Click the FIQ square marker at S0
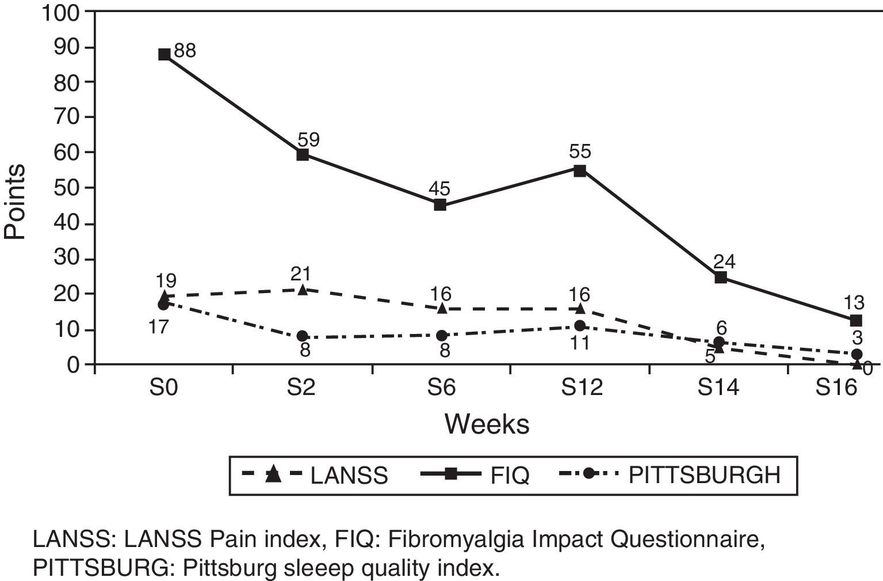[164, 55]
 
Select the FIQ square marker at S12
[580, 170]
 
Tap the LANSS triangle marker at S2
[303, 289]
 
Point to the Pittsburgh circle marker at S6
[441, 335]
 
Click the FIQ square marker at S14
[720, 278]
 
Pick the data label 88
[185, 51]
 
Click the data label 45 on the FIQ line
[439, 188]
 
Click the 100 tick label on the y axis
[62, 12]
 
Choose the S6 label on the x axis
[441, 388]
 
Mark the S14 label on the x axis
[719, 388]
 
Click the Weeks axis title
[487, 424]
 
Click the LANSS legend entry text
[349, 476]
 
